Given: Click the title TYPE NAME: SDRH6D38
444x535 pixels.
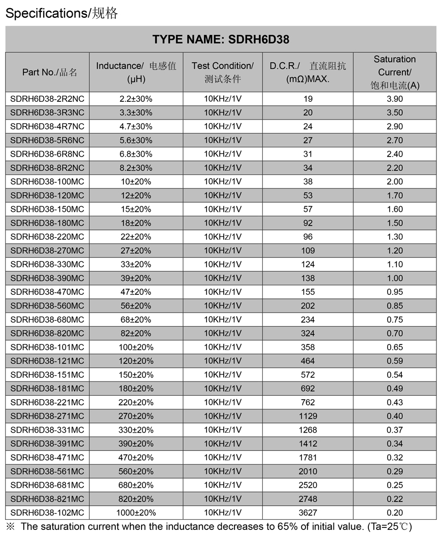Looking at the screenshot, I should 221,40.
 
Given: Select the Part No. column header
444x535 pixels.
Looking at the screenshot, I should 49,72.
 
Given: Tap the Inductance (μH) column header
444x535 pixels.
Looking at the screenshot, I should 136,72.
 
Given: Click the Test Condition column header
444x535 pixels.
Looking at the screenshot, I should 222,72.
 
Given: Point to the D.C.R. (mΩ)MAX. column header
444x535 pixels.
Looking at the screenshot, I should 308,72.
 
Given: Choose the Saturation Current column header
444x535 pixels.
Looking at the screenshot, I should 394,72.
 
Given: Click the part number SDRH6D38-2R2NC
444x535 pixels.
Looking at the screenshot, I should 47,99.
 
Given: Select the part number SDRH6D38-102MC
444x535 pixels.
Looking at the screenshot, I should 47,512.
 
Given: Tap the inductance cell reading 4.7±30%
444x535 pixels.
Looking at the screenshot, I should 136,126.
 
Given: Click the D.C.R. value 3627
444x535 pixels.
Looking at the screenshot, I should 308,512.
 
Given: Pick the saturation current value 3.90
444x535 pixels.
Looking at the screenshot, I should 394,99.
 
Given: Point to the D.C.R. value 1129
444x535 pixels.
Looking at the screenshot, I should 308,416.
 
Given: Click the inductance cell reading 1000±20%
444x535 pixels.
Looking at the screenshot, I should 136,512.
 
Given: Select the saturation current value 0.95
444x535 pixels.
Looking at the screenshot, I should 394,292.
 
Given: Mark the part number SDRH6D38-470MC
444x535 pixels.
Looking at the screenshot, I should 47,292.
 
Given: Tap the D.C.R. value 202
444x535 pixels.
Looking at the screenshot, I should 308,305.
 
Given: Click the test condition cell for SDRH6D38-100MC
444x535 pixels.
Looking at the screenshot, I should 222,181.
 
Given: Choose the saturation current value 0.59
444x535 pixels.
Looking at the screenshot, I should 394,361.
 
